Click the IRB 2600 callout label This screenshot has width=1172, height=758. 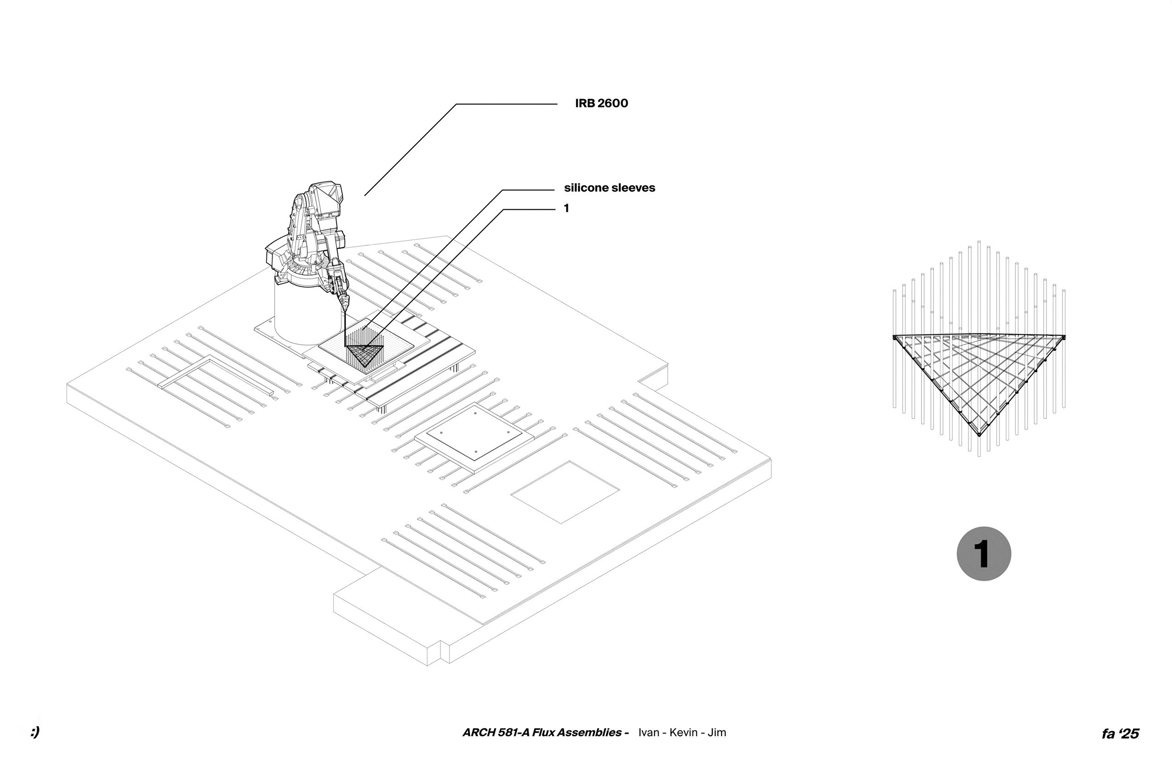(x=601, y=103)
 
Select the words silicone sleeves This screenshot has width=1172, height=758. (x=609, y=188)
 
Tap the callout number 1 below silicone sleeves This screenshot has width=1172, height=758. (x=566, y=209)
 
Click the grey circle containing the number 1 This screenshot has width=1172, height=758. (x=984, y=554)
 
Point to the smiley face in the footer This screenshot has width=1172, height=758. (x=34, y=732)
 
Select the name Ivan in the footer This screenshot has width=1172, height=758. (x=649, y=732)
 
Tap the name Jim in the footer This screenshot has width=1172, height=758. (x=717, y=732)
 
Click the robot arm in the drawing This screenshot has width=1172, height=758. (x=315, y=232)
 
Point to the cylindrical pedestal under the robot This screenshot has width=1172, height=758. (x=296, y=315)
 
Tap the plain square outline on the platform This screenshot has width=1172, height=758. (x=564, y=492)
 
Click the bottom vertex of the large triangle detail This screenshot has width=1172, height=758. (x=979, y=435)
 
